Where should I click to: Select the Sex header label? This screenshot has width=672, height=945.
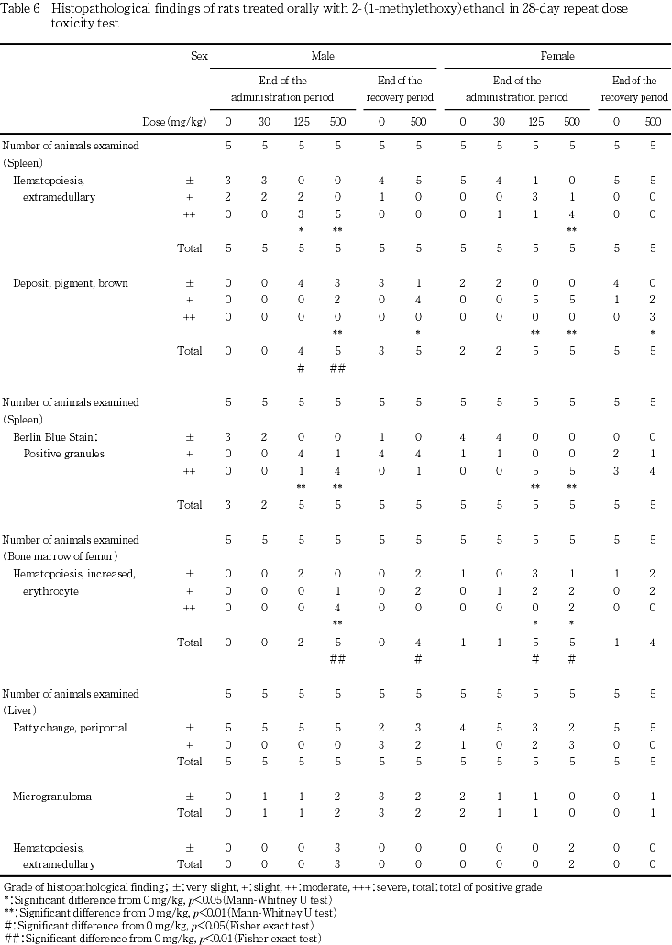[x=198, y=56]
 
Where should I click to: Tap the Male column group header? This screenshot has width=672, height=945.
[x=322, y=56]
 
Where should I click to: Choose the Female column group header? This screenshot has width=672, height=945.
[x=557, y=56]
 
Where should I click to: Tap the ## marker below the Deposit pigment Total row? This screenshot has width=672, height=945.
[x=336, y=367]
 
